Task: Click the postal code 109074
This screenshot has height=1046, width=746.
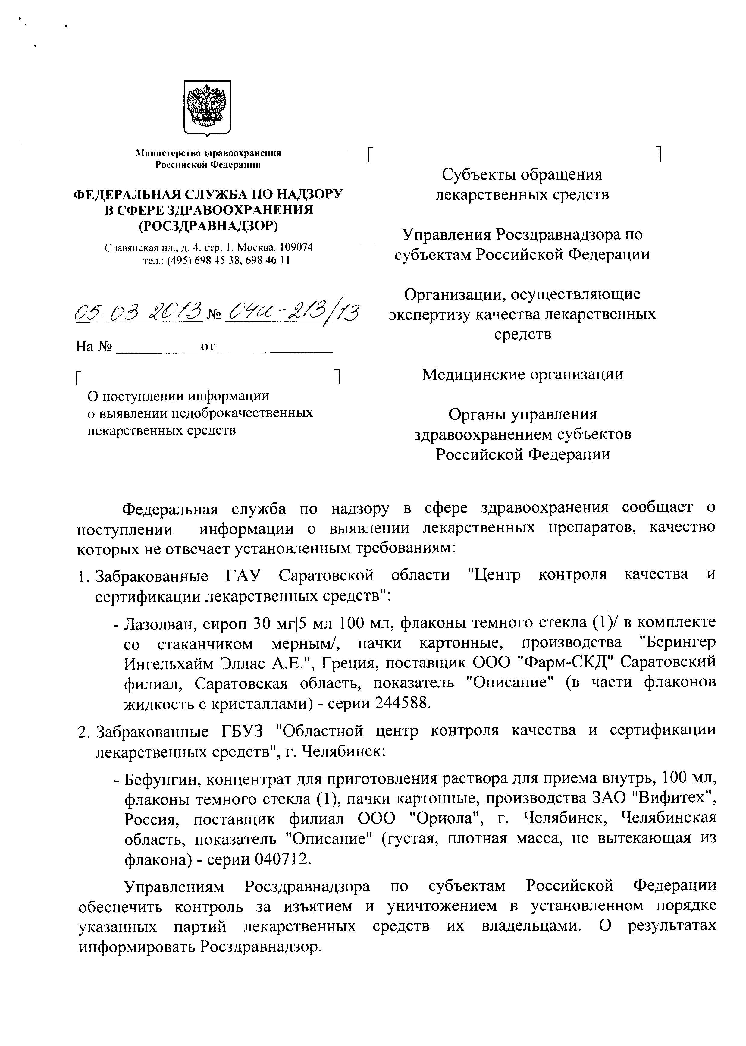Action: tap(296, 247)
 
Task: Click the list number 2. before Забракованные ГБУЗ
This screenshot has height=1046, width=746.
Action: tap(83, 731)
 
